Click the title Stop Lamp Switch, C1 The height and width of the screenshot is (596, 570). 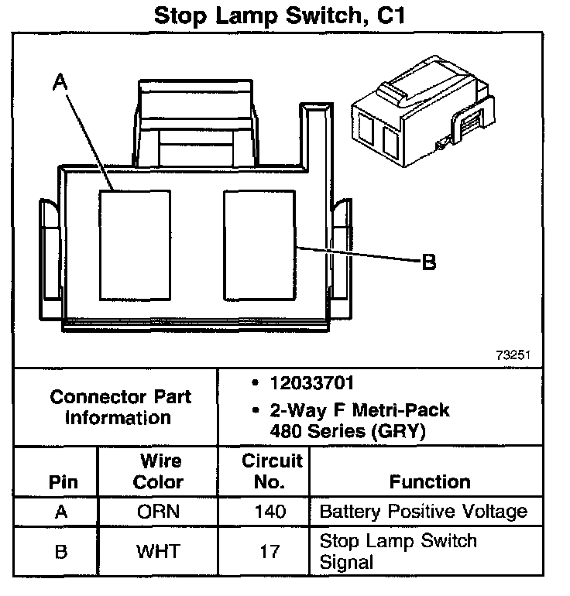coord(285,15)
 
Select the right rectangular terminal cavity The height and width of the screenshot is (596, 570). coord(259,243)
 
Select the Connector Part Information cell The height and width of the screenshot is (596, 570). coord(120,407)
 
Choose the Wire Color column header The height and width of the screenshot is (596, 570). coord(158,471)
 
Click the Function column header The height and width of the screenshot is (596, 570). coord(430,481)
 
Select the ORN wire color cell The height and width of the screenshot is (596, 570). coord(158,512)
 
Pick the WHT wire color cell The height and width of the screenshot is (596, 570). coord(158,551)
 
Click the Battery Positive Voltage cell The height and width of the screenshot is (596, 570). coord(423,512)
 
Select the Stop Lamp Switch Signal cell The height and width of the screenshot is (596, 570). coord(398,551)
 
